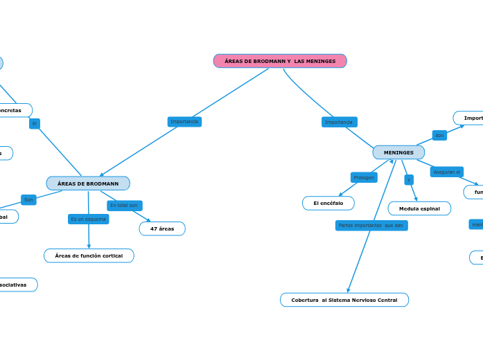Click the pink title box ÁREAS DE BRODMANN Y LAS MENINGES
coord(280,61)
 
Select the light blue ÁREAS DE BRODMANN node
coord(88,183)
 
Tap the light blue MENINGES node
coord(398,152)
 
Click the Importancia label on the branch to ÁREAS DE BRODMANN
coord(184,122)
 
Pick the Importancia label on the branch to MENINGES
coord(339,123)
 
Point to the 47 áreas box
coord(162,228)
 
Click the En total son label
coord(125,206)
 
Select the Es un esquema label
coord(88,219)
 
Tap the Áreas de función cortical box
coord(89,255)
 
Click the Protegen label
coord(364,178)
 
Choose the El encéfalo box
coord(328,203)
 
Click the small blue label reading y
coord(409,180)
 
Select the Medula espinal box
coord(419,208)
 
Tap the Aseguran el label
coord(447,172)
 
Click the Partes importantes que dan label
coord(371,226)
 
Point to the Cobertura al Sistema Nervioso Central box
coord(344,300)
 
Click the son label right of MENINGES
coord(439,136)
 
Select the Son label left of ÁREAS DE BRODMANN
coord(28,200)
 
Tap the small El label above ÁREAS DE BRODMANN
coord(35,124)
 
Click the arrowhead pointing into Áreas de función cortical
coord(89,246)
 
